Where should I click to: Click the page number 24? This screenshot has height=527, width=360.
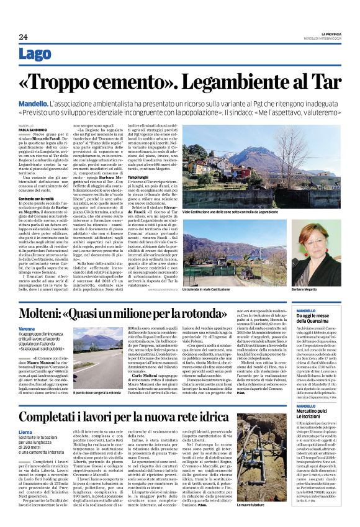(x=22, y=37)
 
